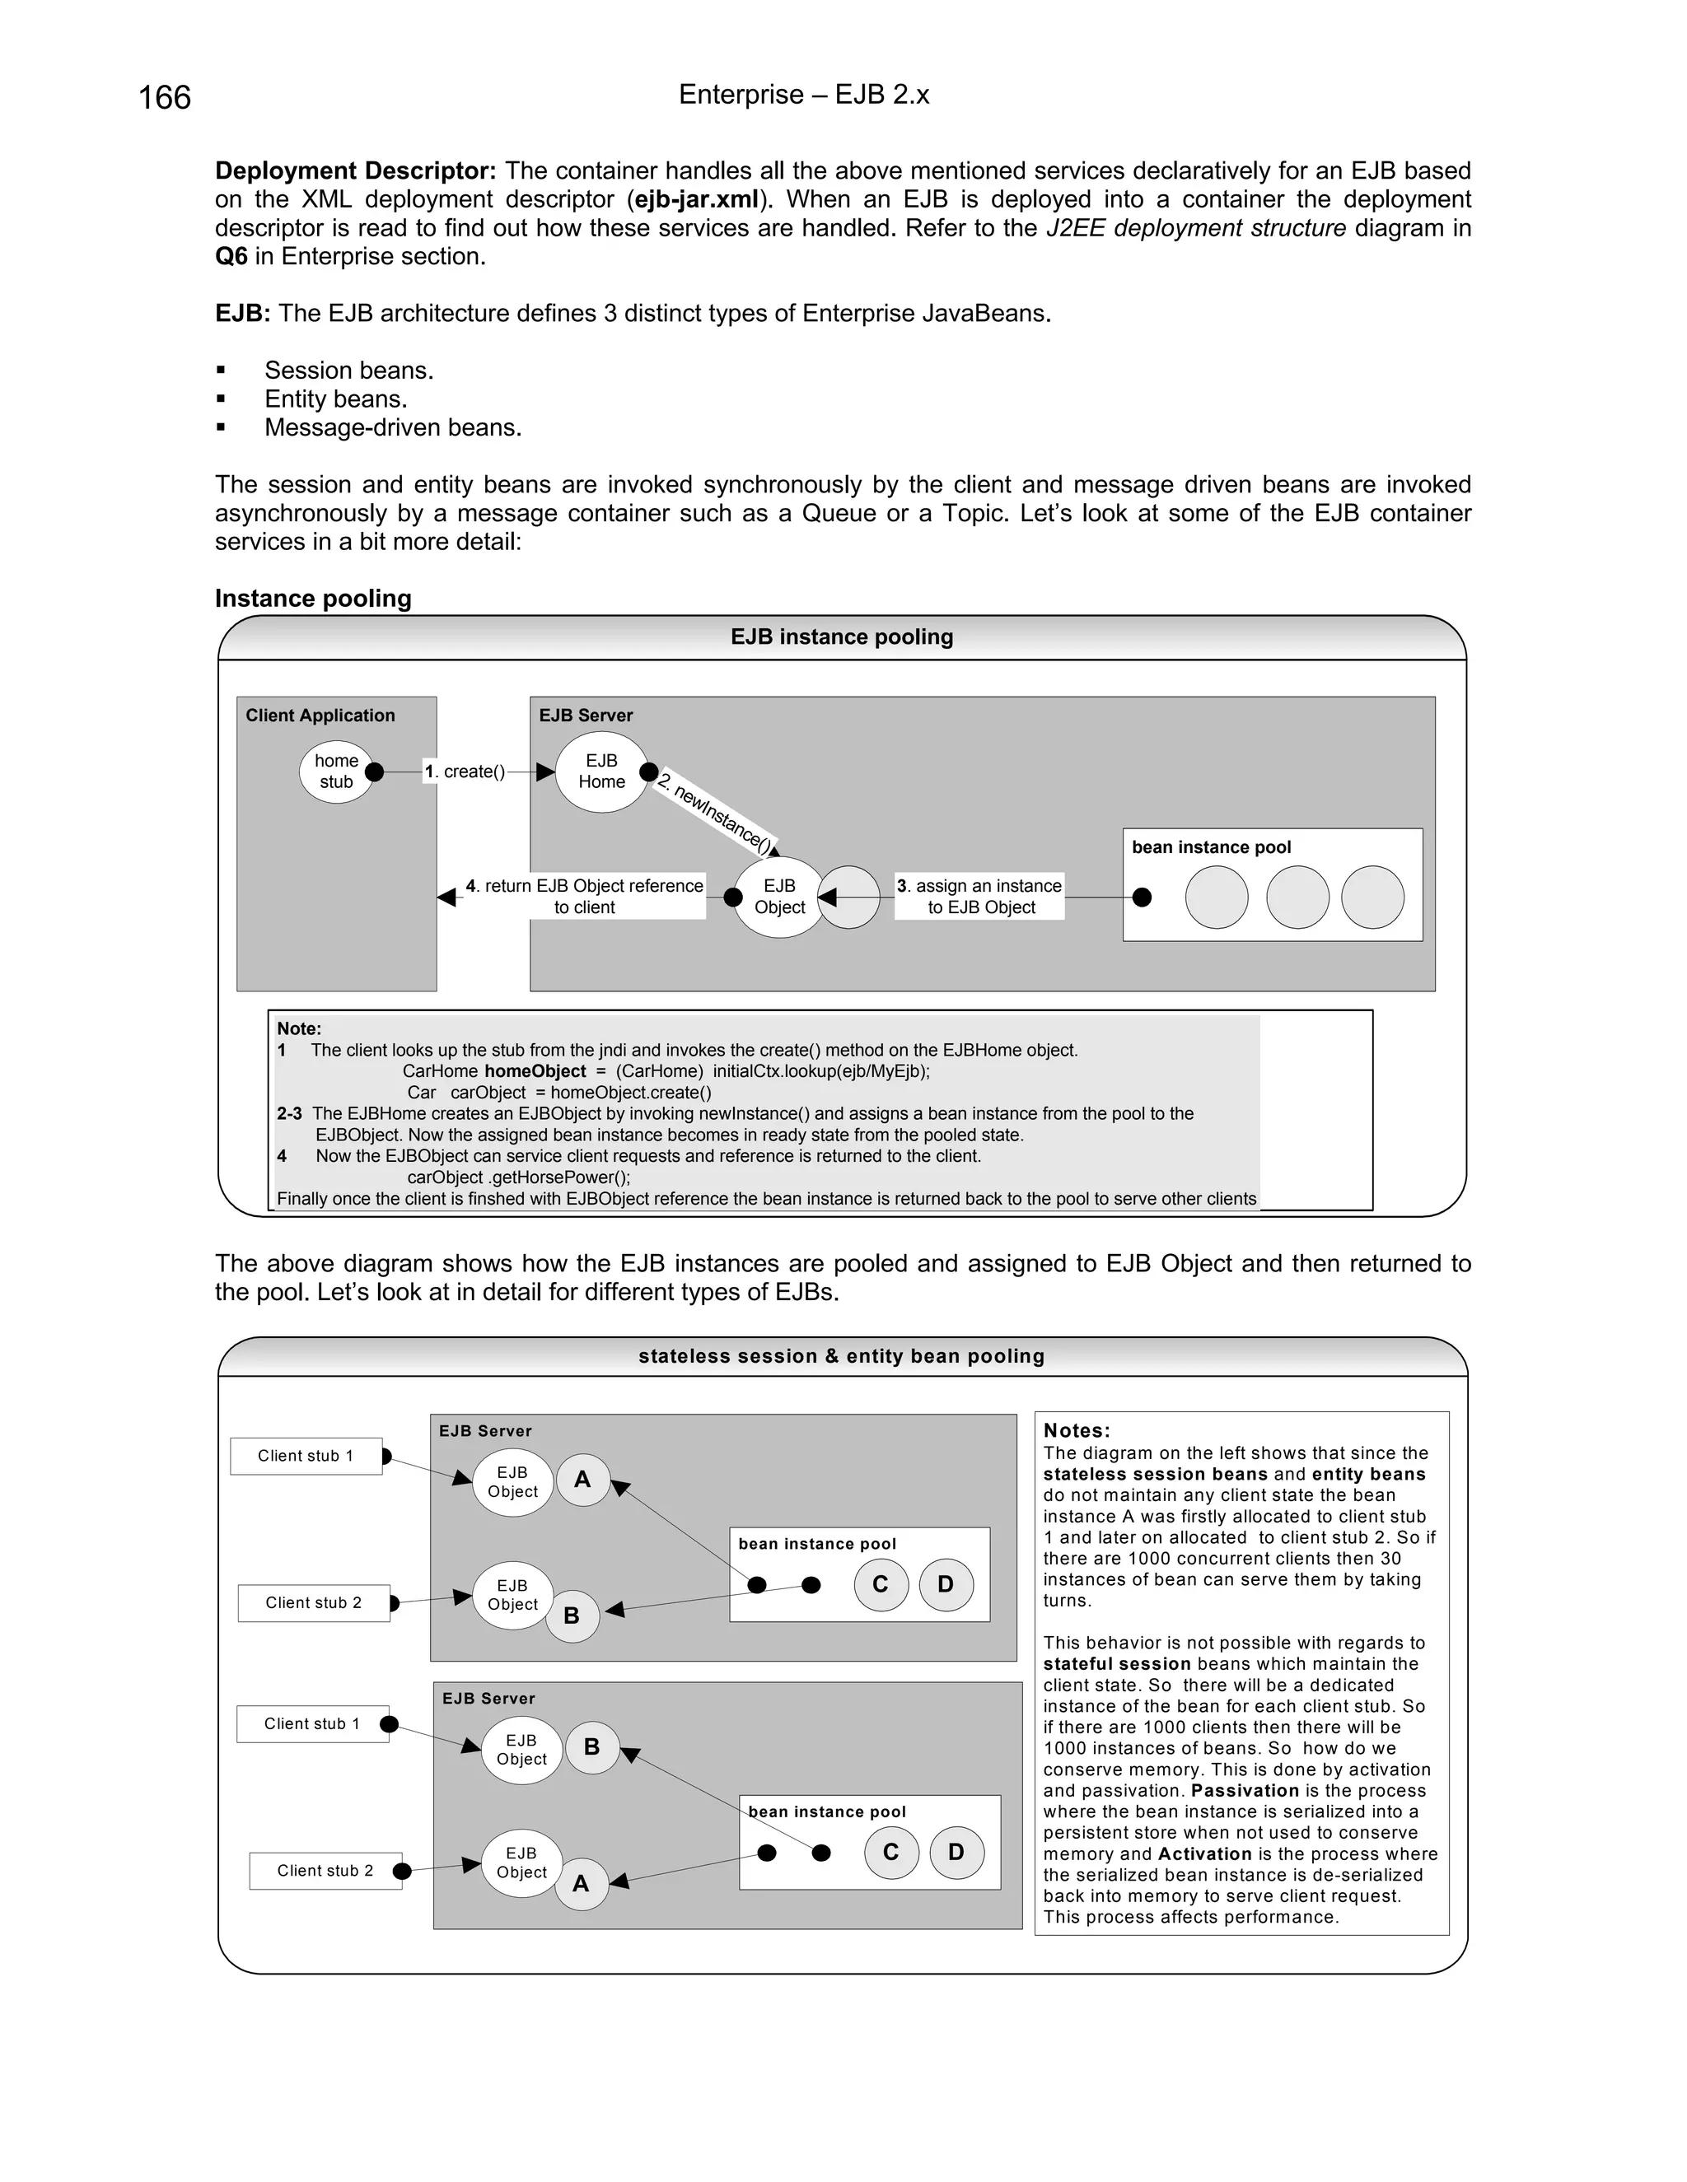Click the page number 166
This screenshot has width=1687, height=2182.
[x=164, y=98]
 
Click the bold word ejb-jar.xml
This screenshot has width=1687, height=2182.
[x=697, y=200]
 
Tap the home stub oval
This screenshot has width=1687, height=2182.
[x=336, y=772]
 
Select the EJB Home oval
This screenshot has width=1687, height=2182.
[x=601, y=772]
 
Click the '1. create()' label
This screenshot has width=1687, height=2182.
[x=465, y=772]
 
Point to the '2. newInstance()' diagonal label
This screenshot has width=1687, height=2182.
[x=716, y=816]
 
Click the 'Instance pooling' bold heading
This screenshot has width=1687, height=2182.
[x=313, y=599]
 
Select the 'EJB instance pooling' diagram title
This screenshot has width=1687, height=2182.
[x=842, y=637]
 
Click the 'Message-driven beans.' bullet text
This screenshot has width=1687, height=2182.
[x=393, y=427]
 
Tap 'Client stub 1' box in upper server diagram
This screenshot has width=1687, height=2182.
[x=306, y=1456]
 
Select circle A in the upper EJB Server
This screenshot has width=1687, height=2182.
[x=582, y=1480]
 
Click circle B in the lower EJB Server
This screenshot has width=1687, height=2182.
[x=591, y=1746]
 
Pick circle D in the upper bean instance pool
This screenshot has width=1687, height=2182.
[x=946, y=1583]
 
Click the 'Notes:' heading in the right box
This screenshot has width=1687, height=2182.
[x=1077, y=1431]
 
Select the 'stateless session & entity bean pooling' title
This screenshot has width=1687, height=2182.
[x=842, y=1356]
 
